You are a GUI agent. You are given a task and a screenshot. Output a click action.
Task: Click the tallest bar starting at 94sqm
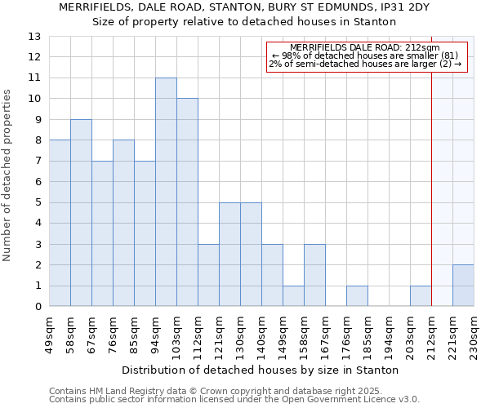(166, 192)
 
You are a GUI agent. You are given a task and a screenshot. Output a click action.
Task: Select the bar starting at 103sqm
(187, 202)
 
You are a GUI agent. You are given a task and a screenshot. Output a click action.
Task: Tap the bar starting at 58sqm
(81, 213)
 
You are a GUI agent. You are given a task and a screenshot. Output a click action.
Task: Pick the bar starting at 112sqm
(208, 275)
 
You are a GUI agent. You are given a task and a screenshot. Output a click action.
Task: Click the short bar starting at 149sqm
(293, 296)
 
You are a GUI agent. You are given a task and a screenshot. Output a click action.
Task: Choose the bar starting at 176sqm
(357, 296)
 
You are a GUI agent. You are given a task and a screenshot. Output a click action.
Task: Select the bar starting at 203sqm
(421, 296)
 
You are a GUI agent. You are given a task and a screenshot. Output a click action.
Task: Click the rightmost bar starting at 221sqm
(463, 286)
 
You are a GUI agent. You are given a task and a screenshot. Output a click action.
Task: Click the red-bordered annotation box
(367, 56)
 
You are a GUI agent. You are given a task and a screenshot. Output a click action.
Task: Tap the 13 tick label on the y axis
(34, 37)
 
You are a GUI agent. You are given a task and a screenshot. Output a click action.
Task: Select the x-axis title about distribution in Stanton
(261, 370)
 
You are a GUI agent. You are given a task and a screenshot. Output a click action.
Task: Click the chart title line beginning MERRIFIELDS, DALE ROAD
(245, 7)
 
